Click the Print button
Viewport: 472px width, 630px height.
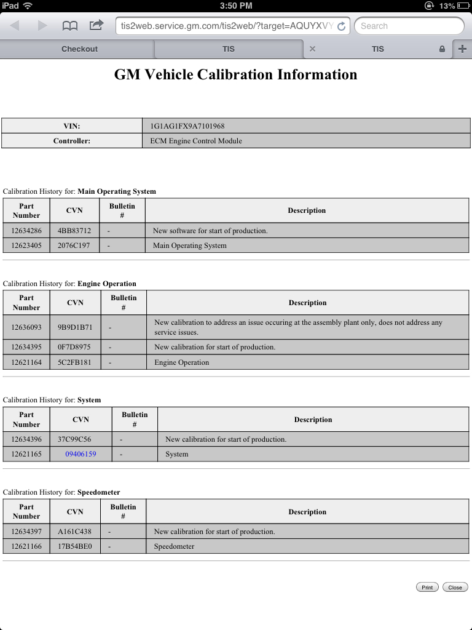(x=427, y=588)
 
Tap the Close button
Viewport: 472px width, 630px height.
(x=455, y=588)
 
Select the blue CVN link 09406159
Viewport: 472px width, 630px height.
(x=81, y=454)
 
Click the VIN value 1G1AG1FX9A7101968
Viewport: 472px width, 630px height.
(x=187, y=126)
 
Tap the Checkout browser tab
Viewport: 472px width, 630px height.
(x=79, y=49)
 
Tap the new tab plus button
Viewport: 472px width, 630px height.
(x=462, y=49)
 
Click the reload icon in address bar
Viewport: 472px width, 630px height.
(x=342, y=26)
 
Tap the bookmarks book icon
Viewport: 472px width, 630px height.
(x=70, y=26)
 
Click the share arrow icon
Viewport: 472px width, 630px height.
(x=96, y=25)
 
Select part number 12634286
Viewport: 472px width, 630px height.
(x=26, y=231)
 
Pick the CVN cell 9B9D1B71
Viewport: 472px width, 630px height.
(x=75, y=327)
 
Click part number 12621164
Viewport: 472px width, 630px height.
(x=26, y=362)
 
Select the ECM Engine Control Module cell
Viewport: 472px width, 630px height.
(x=196, y=141)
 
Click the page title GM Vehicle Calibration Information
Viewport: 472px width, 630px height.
(x=235, y=75)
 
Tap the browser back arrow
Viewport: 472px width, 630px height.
(x=15, y=26)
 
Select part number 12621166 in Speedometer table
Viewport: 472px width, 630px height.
(x=26, y=546)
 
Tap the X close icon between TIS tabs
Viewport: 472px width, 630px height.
(x=312, y=49)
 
